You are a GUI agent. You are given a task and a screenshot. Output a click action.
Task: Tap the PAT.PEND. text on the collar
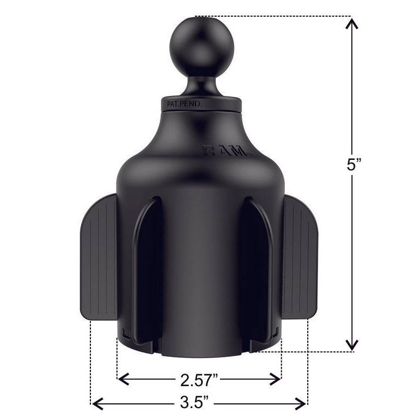(185, 104)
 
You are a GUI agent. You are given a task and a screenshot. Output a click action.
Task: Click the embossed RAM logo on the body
(227, 152)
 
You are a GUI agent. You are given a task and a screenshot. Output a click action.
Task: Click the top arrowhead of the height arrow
(353, 24)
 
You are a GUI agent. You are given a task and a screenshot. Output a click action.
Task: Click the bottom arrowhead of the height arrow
(353, 345)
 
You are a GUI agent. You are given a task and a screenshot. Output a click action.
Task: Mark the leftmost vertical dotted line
(91, 361)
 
